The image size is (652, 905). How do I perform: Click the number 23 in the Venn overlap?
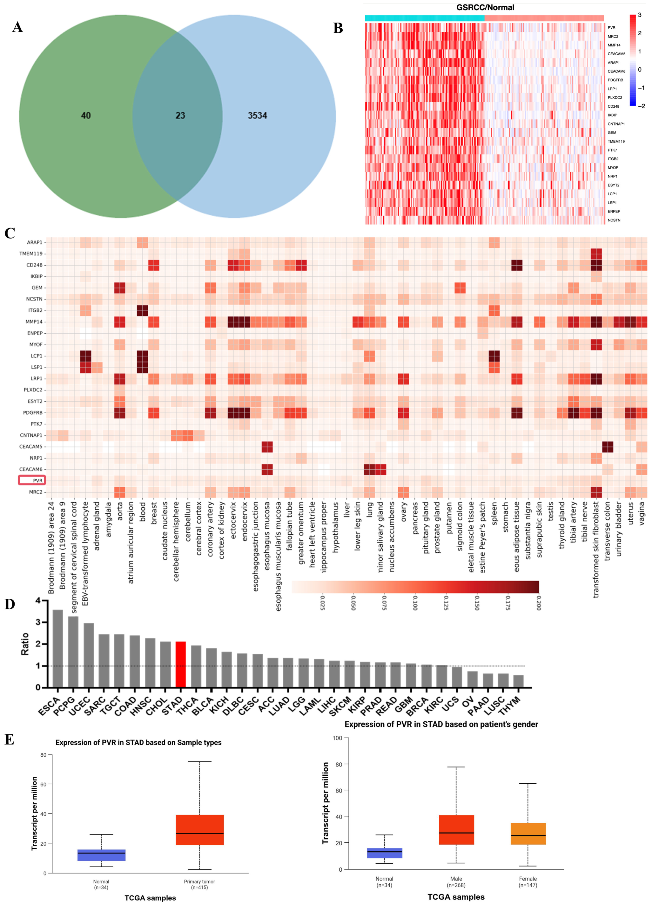(x=180, y=115)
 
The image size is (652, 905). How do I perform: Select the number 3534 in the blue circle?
(x=257, y=115)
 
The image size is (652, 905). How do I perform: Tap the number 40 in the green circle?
(x=86, y=115)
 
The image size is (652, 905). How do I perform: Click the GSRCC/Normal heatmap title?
(x=485, y=8)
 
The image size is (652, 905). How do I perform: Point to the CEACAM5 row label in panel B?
(x=616, y=54)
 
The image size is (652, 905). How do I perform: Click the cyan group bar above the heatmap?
(x=424, y=18)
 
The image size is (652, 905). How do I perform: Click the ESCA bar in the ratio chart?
(x=58, y=648)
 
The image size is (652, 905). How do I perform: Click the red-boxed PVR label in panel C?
(x=32, y=480)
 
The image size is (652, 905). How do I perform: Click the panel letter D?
(x=10, y=604)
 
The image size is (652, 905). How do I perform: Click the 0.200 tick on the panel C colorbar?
(x=538, y=603)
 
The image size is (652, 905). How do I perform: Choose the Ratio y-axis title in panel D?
(x=25, y=644)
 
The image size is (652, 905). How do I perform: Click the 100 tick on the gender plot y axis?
(x=337, y=738)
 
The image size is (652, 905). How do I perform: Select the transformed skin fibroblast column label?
(x=596, y=549)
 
